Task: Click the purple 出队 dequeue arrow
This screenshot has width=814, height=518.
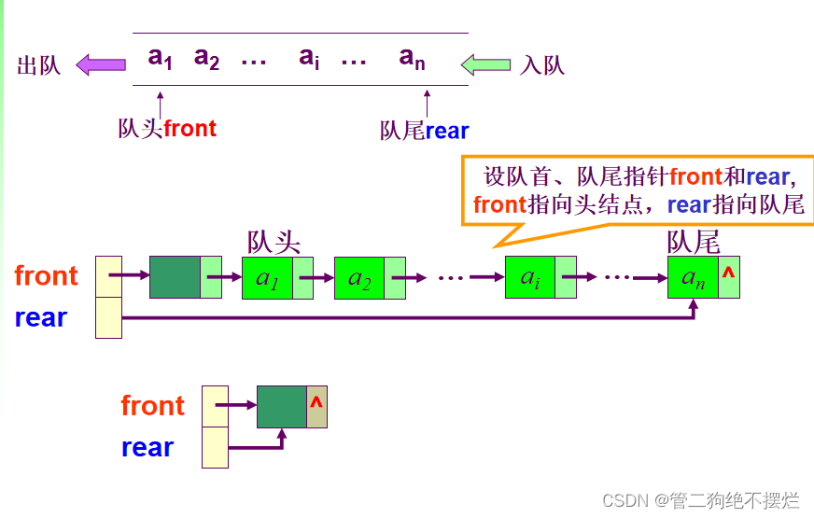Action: (x=100, y=64)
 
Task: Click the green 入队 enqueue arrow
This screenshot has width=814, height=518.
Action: (x=486, y=64)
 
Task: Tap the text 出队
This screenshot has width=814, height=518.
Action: (x=39, y=65)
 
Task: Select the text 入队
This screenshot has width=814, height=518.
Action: (x=542, y=65)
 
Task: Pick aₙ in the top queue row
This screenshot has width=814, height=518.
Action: (x=413, y=58)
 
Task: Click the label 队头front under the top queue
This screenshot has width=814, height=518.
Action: (x=167, y=129)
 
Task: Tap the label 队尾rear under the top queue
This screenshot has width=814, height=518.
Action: (x=424, y=131)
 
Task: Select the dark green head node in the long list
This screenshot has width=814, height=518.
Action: (x=175, y=277)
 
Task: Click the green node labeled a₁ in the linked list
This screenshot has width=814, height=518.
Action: (x=268, y=277)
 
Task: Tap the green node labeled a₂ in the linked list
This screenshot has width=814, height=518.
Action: (x=359, y=277)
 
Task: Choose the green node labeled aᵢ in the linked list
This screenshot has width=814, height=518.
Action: (x=530, y=277)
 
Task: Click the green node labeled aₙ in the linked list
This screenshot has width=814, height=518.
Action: (x=694, y=277)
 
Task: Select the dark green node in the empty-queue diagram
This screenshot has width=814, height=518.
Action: (x=282, y=406)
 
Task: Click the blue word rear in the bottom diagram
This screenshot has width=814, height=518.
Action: (x=147, y=448)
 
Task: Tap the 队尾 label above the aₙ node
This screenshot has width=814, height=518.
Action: (x=694, y=243)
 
